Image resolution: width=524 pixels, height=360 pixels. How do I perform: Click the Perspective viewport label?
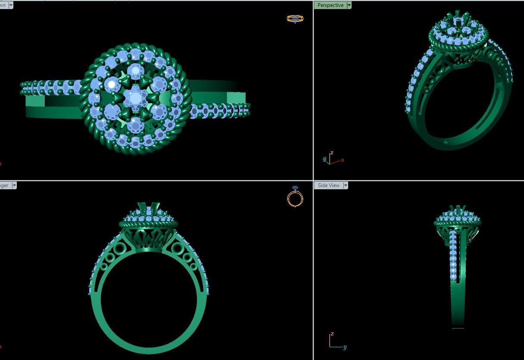(330, 5)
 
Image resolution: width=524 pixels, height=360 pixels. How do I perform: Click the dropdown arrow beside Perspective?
(349, 5)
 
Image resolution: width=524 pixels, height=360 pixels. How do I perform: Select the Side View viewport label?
(328, 185)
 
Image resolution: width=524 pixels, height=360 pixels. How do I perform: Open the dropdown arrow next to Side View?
(345, 185)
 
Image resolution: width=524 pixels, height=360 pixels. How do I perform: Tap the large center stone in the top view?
(135, 98)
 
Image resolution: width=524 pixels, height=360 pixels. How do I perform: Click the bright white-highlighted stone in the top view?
(112, 85)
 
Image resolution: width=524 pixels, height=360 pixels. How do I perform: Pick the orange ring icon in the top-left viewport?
(295, 19)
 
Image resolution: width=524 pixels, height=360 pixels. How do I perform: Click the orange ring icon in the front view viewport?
(295, 197)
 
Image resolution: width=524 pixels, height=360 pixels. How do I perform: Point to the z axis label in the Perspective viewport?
(331, 153)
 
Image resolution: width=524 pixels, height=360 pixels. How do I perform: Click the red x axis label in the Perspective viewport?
(343, 160)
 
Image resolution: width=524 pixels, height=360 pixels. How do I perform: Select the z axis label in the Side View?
(332, 334)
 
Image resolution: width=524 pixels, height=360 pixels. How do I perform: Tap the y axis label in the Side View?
(345, 347)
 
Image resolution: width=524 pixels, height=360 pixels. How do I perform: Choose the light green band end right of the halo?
(236, 98)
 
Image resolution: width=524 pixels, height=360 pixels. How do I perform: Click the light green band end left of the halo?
(35, 101)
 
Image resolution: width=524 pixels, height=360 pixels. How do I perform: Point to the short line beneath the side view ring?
(458, 329)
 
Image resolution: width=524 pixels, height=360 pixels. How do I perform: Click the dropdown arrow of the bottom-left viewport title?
(14, 185)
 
